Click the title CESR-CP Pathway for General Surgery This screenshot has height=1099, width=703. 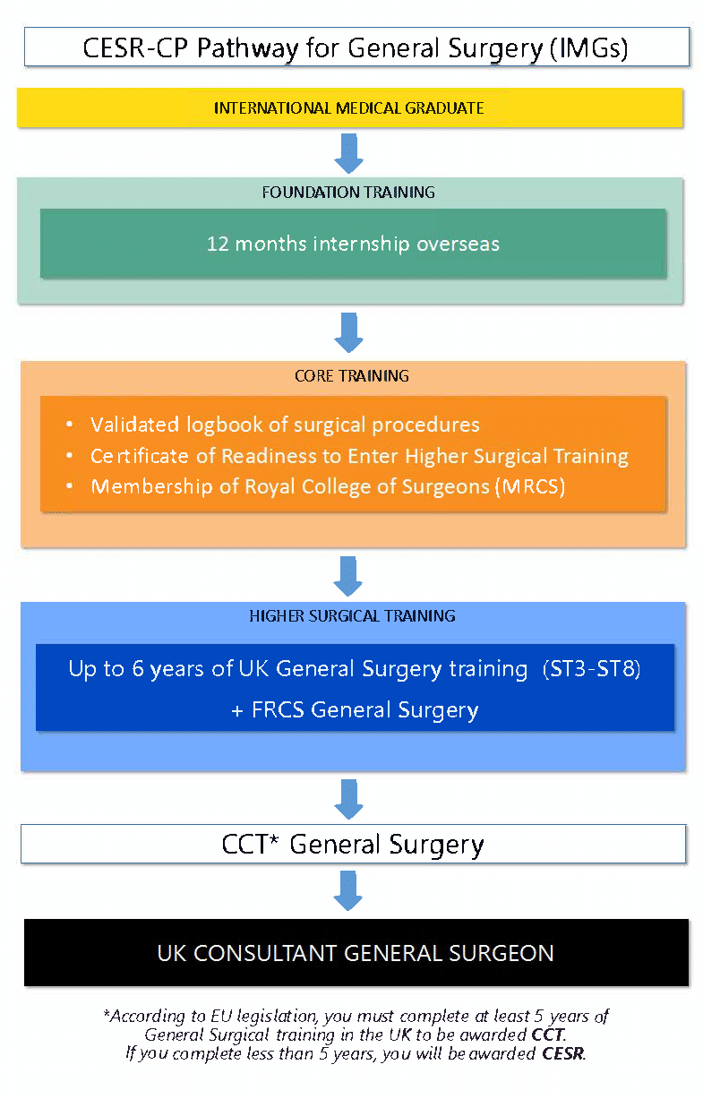coord(356,47)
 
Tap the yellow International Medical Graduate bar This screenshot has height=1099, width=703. coord(349,108)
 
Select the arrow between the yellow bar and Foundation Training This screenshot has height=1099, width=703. coord(348,152)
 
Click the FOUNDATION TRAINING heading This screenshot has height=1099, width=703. coord(348,192)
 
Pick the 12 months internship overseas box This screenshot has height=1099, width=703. coord(353,244)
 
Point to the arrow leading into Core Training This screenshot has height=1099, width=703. coord(348,332)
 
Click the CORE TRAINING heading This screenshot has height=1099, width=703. coord(351,376)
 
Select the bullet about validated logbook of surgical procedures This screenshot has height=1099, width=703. coord(285,425)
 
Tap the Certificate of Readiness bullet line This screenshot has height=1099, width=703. coord(359,456)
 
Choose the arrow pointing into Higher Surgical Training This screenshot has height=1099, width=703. coord(348,576)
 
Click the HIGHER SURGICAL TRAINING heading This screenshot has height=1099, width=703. coord(352,616)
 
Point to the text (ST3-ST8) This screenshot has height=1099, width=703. coord(592,669)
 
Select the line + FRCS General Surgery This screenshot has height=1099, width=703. coord(355,710)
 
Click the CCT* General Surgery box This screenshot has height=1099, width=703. coord(353,844)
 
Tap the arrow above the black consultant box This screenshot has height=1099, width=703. coord(348,890)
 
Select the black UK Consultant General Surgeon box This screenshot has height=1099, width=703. coord(356,953)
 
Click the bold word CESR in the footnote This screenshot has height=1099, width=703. coord(563,1053)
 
